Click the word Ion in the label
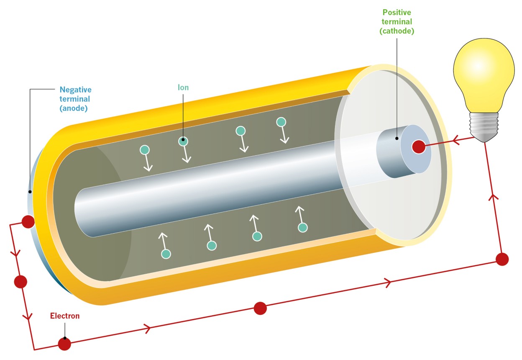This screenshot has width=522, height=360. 183,88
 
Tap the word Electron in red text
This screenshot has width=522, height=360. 64,316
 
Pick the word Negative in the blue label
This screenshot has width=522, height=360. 75,90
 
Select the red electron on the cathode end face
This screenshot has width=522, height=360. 419,147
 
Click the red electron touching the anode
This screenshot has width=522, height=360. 28,221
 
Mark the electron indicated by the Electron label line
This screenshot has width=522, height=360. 64,344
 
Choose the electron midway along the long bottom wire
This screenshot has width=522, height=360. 260,309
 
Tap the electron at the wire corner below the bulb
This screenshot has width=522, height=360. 502,259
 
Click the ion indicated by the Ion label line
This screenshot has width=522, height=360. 183,141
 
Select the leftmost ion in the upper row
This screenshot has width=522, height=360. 145,149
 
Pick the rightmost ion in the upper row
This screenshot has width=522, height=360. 281,122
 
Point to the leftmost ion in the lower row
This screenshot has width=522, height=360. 166,253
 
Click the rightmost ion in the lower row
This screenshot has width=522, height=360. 302,227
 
